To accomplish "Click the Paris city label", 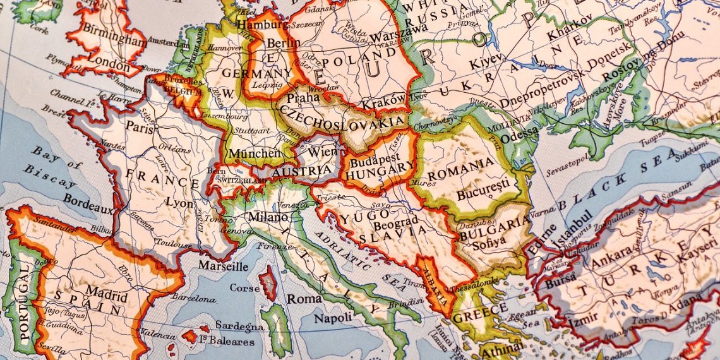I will pyautogui.click(x=140, y=126).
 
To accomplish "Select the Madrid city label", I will pyautogui.click(x=102, y=292).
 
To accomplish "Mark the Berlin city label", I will pyautogui.click(x=284, y=43).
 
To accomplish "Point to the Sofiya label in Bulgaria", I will pyautogui.click(x=484, y=241).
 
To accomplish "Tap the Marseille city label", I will pyautogui.click(x=223, y=266).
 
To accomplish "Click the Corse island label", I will pyautogui.click(x=244, y=288).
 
